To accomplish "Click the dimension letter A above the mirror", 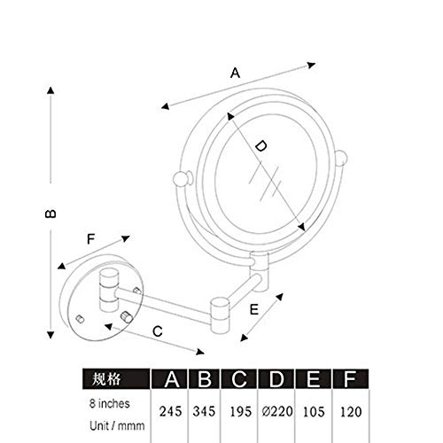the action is [x=235, y=73].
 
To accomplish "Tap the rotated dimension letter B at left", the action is [x=51, y=214].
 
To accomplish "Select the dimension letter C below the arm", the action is [x=158, y=331].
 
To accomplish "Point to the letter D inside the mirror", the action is [x=260, y=146].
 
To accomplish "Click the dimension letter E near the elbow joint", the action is [x=254, y=309].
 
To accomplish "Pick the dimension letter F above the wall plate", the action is [x=90, y=239].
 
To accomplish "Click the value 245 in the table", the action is [x=171, y=411].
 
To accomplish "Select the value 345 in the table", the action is [x=204, y=411].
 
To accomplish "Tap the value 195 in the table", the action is [x=241, y=411].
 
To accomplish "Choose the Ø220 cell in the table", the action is [x=277, y=411].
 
